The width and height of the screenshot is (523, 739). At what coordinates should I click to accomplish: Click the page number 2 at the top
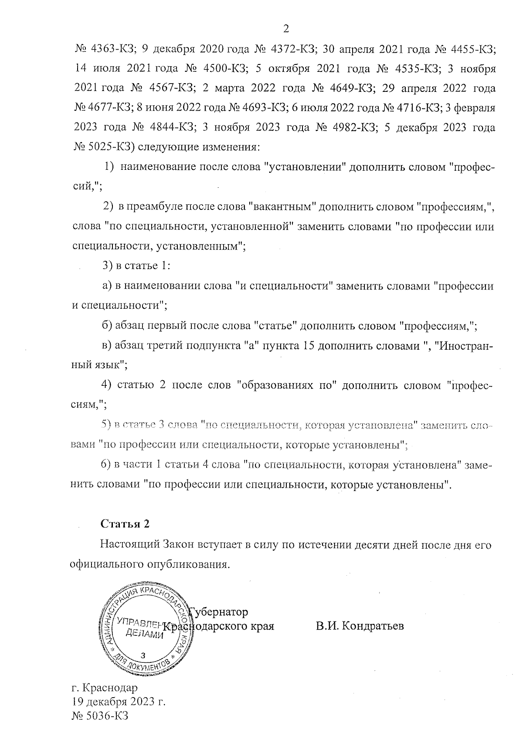click(x=286, y=29)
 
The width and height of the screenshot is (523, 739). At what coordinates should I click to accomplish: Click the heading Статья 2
click(x=125, y=524)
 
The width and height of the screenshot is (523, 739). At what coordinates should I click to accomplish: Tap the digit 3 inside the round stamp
click(x=144, y=655)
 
